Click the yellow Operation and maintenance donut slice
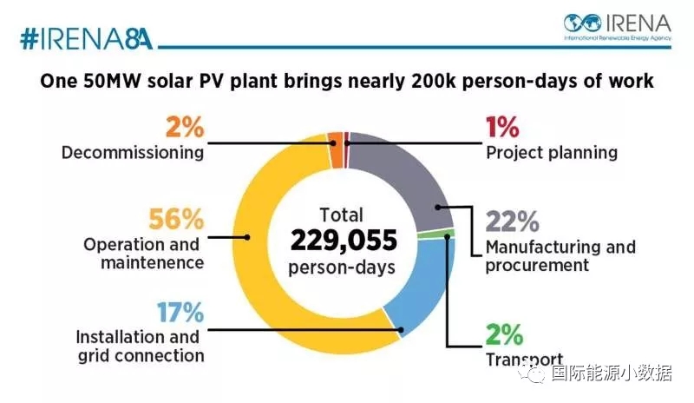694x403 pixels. [260, 235]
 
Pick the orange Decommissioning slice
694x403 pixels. [336, 139]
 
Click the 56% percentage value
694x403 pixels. [179, 219]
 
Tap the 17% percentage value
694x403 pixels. [180, 310]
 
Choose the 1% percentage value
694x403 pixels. [501, 127]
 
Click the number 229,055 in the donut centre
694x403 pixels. [344, 240]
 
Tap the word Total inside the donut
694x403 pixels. [344, 214]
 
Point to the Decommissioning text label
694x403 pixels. [133, 153]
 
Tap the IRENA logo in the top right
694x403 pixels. [618, 26]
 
